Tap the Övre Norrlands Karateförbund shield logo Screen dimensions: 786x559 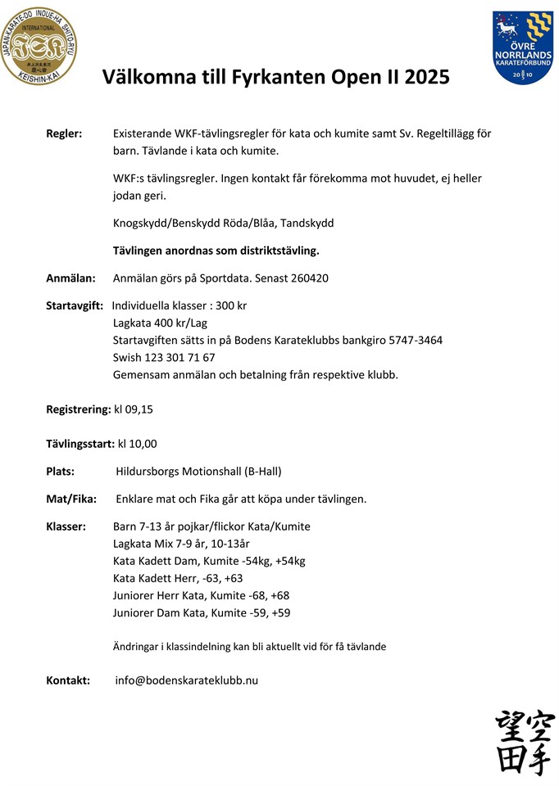523,47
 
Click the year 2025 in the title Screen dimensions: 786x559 425,77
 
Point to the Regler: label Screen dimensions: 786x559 64,133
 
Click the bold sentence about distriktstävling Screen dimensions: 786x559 216,250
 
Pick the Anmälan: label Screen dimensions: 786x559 70,278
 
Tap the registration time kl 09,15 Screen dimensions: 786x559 134,409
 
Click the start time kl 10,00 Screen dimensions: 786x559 137,444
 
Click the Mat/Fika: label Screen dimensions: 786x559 71,499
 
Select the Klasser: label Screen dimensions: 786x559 66,526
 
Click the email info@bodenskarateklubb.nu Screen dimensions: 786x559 186,680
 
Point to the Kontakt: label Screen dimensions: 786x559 68,680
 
